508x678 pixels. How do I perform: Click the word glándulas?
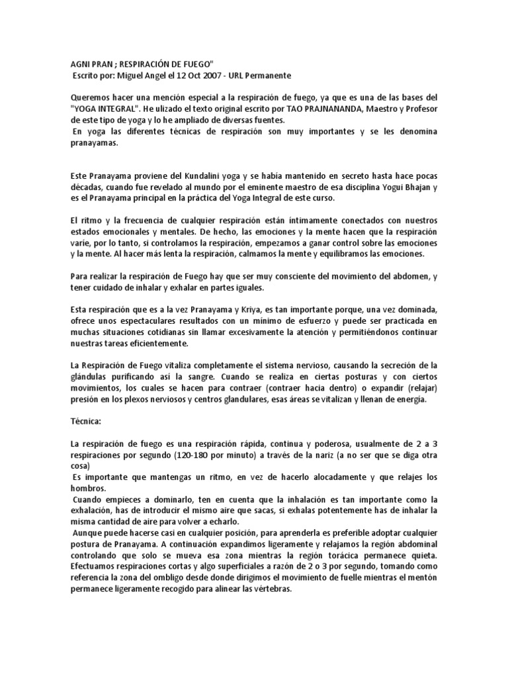tap(89, 377)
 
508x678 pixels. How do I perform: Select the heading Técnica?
tap(87, 421)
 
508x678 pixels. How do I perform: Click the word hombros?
tap(89, 489)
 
